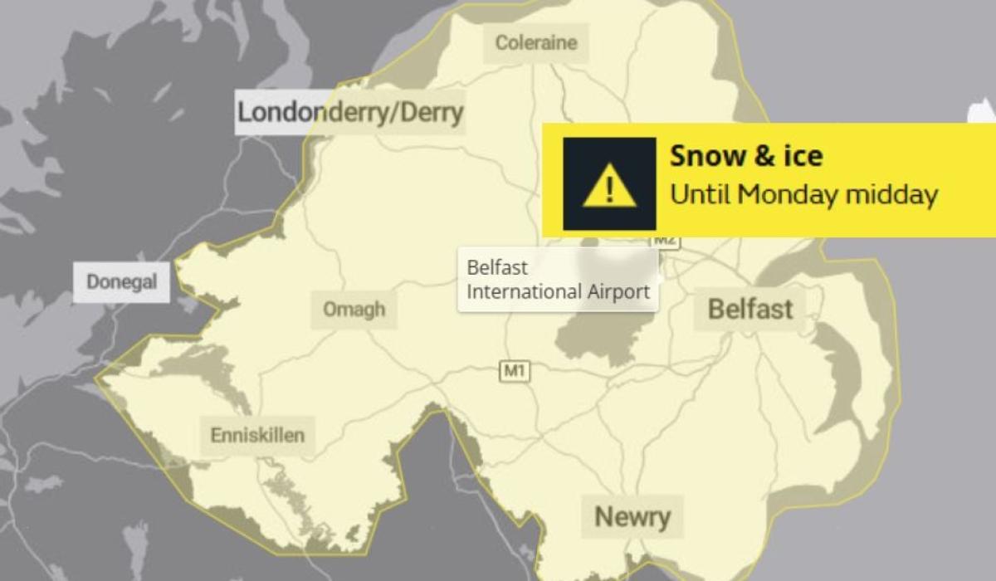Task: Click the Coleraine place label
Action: [x=535, y=42]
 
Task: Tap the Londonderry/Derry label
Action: [x=349, y=112]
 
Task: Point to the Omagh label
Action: [x=354, y=310]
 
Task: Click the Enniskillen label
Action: [x=257, y=434]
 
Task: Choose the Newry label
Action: [x=632, y=516]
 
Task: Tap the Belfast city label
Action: [x=750, y=310]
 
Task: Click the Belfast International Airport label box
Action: [x=558, y=281]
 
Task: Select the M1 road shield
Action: [x=514, y=371]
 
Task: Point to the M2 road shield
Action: [x=666, y=241]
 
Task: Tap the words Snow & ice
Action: [x=746, y=156]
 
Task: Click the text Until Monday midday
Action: [x=803, y=195]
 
